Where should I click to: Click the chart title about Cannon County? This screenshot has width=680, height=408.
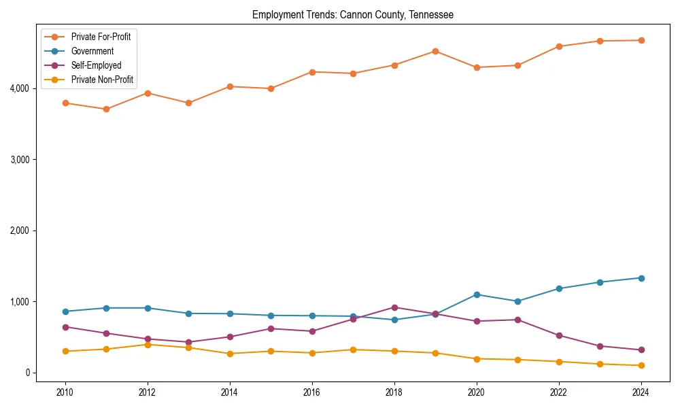pos(352,14)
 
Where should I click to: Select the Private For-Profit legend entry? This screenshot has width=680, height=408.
pos(101,37)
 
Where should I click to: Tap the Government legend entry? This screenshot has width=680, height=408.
pos(92,51)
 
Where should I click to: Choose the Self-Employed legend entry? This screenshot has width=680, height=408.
pos(96,65)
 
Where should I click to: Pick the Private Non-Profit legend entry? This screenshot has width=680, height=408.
pos(102,80)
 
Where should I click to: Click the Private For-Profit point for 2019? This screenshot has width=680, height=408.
pos(435,51)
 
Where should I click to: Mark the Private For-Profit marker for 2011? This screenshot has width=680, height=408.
pos(106,109)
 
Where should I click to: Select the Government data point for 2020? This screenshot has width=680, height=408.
pos(477,294)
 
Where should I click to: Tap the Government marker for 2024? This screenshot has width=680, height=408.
pos(641,277)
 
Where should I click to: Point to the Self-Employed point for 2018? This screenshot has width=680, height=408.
pos(394,307)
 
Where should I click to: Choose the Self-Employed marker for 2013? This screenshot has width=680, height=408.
pos(188,342)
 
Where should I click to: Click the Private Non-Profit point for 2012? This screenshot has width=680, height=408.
pos(148,344)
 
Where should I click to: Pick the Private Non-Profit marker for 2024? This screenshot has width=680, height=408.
pos(641,365)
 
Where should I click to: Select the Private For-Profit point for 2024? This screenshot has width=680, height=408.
pos(641,40)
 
